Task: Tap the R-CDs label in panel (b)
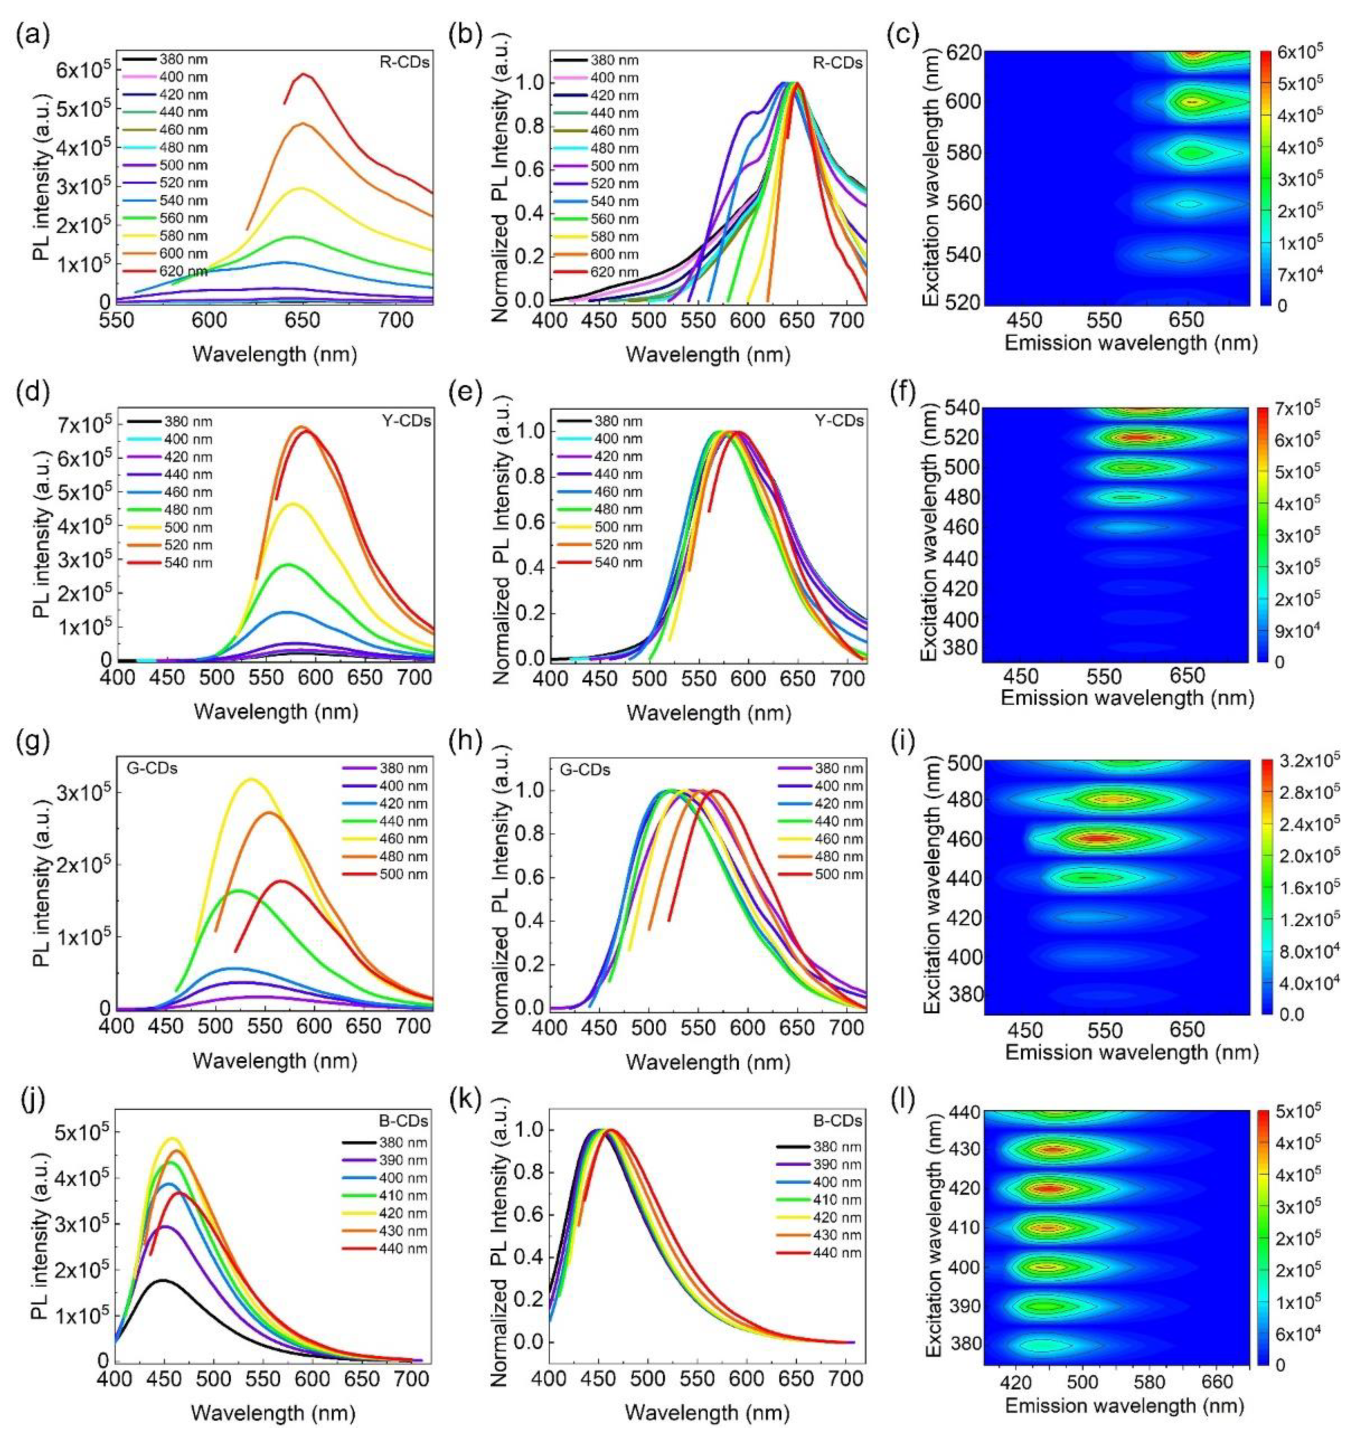pos(842,63)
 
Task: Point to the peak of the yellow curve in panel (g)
pos(252,779)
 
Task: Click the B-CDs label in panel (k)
pos(842,1120)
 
